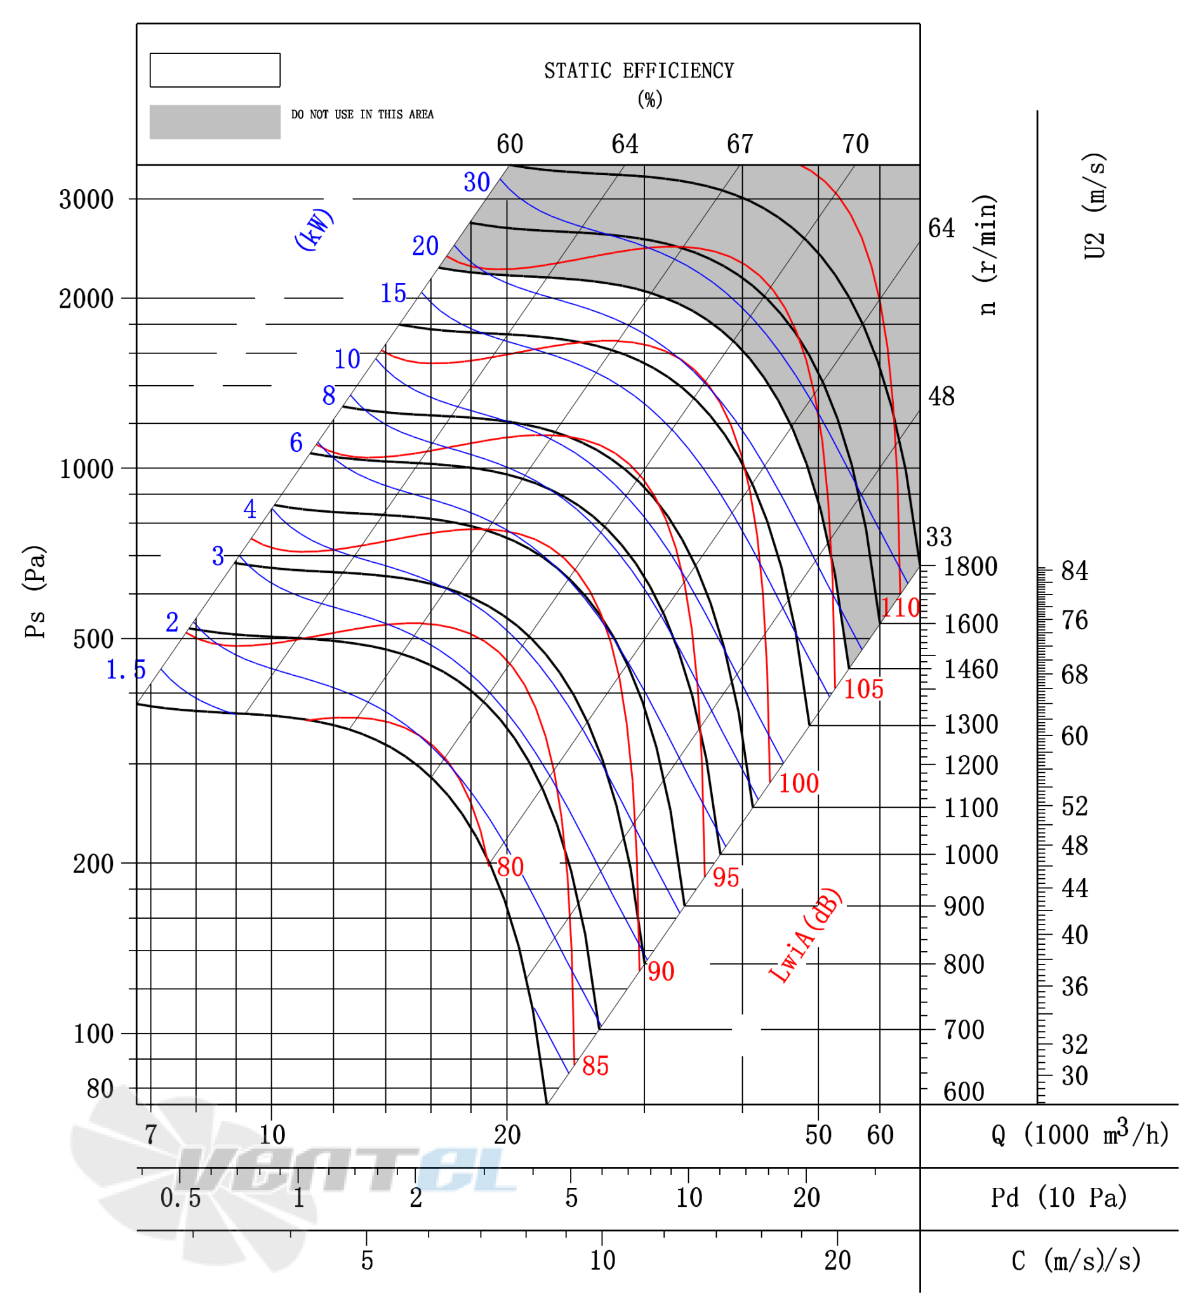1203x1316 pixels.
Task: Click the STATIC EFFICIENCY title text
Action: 639,70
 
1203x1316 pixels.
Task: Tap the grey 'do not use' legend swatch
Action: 215,122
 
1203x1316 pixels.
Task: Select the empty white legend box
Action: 215,70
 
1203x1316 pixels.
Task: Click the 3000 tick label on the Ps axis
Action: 86,199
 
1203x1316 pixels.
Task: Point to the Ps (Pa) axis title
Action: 36,591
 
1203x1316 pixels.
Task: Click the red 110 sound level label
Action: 900,609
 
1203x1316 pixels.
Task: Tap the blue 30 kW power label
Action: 477,182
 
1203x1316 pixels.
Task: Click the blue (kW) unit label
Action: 314,229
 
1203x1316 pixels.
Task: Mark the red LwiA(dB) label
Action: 804,935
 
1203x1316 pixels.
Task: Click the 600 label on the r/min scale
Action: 964,1092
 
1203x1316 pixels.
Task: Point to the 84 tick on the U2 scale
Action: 1074,571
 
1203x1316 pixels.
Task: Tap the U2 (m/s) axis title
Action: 1095,206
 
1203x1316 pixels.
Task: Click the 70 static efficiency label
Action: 855,144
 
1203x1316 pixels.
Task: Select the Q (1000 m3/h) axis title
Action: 1080,1135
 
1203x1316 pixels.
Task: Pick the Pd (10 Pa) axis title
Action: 1059,1198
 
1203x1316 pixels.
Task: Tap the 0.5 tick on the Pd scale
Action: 180,1198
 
